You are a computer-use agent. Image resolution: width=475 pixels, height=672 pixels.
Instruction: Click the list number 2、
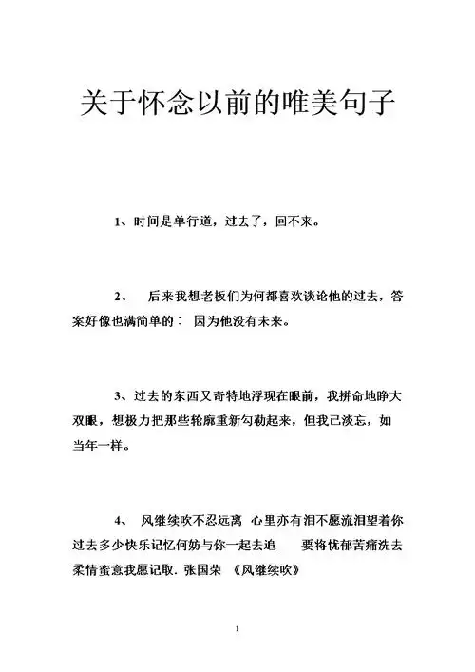pyautogui.click(x=121, y=297)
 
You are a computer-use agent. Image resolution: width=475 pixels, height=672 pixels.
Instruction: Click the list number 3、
pyautogui.click(x=121, y=394)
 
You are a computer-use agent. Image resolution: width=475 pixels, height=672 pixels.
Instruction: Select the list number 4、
pyautogui.click(x=121, y=521)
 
